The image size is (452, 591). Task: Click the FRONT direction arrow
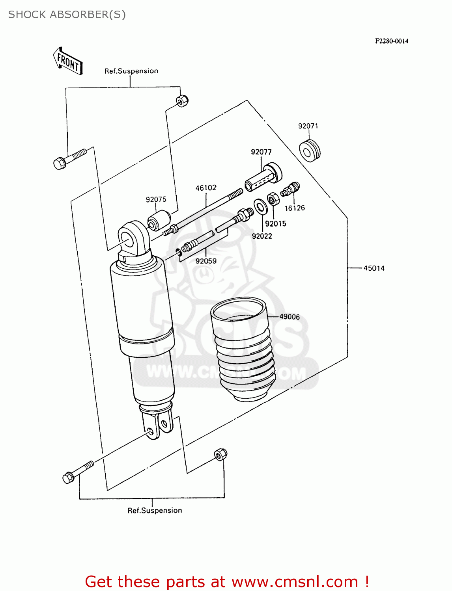click(68, 61)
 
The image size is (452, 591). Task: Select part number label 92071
click(308, 126)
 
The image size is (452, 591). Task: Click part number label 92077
click(261, 152)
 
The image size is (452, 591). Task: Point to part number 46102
click(206, 188)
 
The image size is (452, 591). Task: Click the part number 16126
click(295, 208)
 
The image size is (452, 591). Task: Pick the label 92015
click(275, 224)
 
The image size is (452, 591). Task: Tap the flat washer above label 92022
click(260, 206)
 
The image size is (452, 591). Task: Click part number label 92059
click(206, 261)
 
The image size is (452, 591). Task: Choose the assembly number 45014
click(374, 268)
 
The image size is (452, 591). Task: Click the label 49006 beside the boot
click(290, 317)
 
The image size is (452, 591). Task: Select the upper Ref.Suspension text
click(131, 71)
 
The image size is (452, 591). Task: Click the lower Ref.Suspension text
click(155, 511)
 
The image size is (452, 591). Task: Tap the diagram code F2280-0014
click(391, 41)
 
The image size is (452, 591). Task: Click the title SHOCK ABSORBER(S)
click(67, 15)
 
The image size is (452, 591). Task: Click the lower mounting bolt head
click(69, 478)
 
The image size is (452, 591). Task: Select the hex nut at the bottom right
click(220, 454)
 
